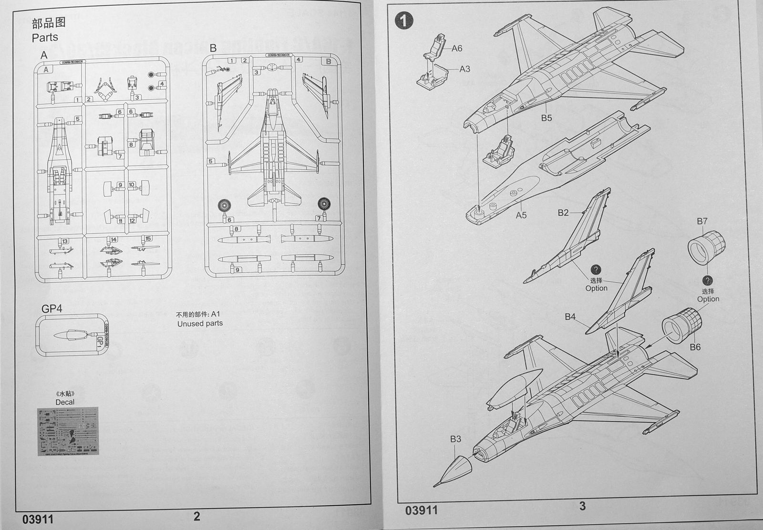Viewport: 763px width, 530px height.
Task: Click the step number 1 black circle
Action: click(x=404, y=20)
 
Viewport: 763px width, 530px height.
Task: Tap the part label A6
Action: click(x=456, y=48)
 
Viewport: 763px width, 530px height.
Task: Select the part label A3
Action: click(x=464, y=69)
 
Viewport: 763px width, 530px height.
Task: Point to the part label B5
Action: click(x=546, y=118)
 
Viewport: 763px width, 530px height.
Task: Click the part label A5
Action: click(x=521, y=215)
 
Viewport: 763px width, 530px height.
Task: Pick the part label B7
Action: click(x=702, y=221)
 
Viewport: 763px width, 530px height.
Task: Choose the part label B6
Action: click(x=695, y=347)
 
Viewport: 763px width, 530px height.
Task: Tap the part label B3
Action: click(x=455, y=439)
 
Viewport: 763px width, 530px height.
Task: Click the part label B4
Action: click(x=570, y=316)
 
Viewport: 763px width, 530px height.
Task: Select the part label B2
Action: click(x=563, y=213)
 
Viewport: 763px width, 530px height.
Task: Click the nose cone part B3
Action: click(x=455, y=469)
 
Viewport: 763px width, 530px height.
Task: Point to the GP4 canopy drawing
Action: click(x=72, y=335)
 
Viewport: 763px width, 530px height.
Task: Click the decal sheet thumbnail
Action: click(x=68, y=431)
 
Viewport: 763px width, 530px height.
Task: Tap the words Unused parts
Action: click(x=200, y=324)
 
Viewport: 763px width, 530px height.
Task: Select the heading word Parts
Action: click(x=45, y=37)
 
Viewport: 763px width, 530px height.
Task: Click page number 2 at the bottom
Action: click(x=196, y=515)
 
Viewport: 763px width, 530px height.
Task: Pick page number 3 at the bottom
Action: click(x=582, y=506)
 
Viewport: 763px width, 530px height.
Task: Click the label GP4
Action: click(x=52, y=308)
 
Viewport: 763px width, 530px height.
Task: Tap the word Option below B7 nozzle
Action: click(x=708, y=299)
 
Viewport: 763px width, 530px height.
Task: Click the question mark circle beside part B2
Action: click(x=596, y=270)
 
